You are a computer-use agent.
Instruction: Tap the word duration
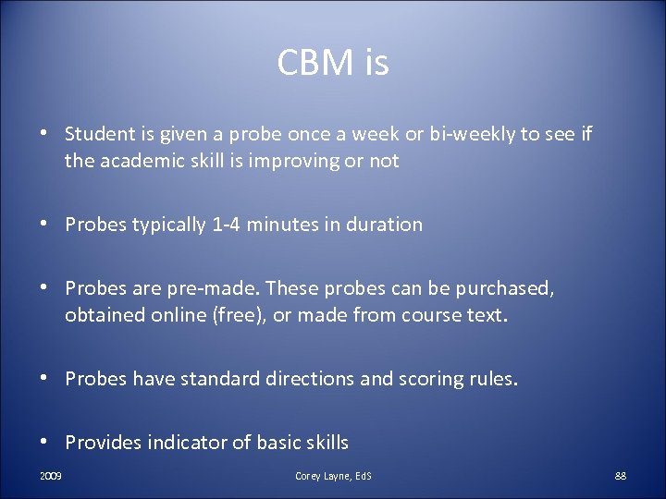click(384, 225)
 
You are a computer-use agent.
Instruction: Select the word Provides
click(102, 443)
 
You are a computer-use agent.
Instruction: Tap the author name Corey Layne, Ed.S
click(333, 476)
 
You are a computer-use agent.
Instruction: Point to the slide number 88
click(620, 476)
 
